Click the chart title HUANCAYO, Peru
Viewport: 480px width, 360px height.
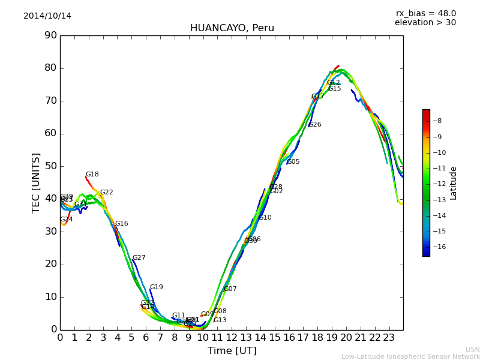point(232,28)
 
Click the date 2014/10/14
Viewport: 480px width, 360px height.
point(47,16)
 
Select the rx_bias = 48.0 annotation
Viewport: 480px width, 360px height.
point(425,14)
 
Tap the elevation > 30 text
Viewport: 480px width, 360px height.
point(425,23)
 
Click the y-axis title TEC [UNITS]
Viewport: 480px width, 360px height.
point(36,182)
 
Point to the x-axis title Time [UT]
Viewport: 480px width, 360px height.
point(232,351)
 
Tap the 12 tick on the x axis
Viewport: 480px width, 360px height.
point(232,338)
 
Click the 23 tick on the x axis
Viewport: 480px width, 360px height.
point(389,338)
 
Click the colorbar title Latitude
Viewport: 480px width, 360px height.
point(454,183)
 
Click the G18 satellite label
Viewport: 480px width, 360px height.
point(92,175)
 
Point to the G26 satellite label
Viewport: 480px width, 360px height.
point(315,125)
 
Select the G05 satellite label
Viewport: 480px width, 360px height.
point(293,162)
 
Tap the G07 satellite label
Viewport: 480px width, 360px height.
point(230,289)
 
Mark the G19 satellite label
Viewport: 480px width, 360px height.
point(156,287)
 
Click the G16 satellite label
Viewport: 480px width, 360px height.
point(121,224)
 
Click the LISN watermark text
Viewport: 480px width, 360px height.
point(472,349)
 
